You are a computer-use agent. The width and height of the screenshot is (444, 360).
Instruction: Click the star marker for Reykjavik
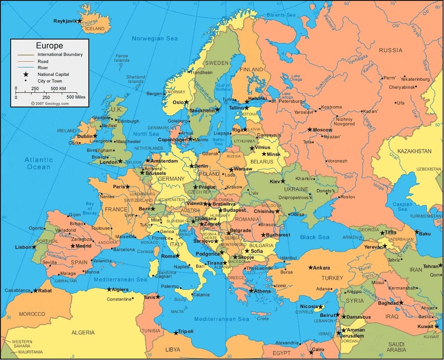click(x=79, y=21)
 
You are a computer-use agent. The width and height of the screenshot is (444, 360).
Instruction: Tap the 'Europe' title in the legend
click(x=49, y=45)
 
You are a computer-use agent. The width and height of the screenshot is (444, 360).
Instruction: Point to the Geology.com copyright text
click(x=50, y=103)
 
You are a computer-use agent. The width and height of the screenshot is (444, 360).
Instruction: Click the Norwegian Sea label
click(x=155, y=39)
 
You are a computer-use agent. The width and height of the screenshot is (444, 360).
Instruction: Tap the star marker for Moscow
click(x=310, y=130)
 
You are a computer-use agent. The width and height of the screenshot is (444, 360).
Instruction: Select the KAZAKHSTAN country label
click(x=414, y=151)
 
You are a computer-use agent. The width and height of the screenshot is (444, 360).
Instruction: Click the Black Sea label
click(x=315, y=237)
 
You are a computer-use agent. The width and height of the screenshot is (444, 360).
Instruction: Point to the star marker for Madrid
click(x=73, y=246)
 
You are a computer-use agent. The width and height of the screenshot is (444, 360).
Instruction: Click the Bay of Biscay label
click(x=91, y=208)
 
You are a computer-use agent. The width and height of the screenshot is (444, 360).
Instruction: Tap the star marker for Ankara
click(x=310, y=268)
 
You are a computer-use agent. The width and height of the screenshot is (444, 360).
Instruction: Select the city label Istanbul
click(x=288, y=257)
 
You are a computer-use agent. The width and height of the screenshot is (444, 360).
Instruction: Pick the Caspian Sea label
click(x=402, y=207)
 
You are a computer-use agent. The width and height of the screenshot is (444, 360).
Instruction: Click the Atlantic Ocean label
click(x=39, y=163)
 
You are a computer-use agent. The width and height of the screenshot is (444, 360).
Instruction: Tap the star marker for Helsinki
click(x=247, y=102)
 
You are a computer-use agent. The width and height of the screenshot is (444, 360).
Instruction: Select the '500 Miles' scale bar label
click(x=76, y=97)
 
